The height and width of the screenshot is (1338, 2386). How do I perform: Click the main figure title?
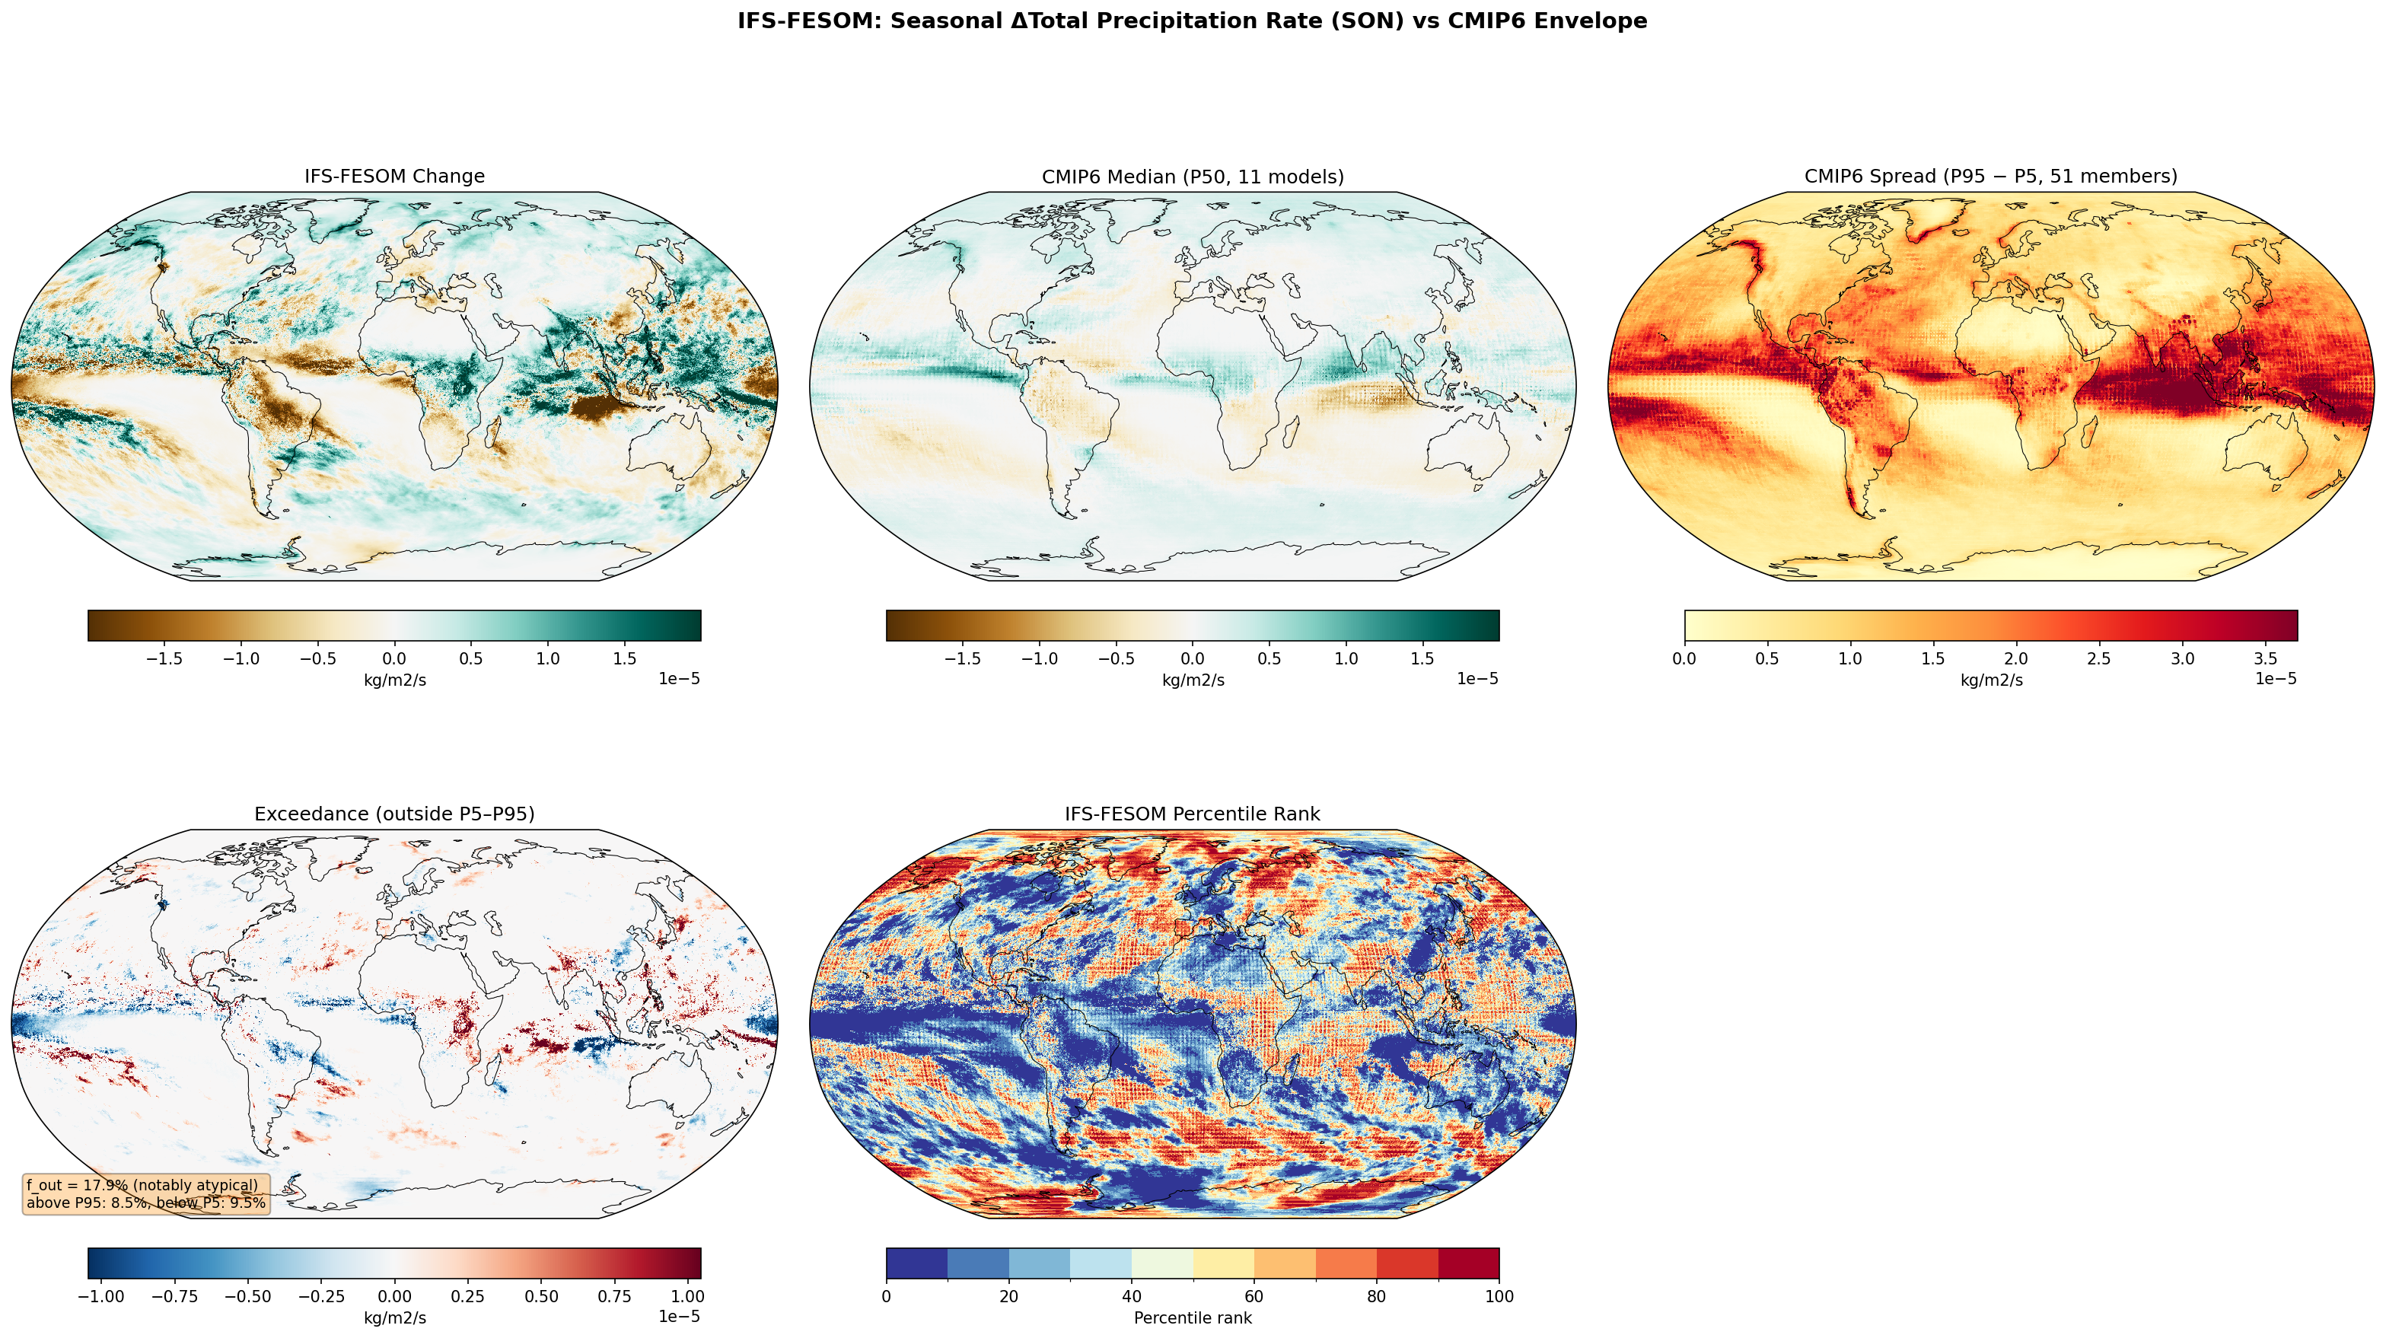(1192, 21)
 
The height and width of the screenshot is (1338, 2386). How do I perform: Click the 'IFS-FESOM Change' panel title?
(394, 176)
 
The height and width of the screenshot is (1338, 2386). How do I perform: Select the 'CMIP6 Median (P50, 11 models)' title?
(1192, 176)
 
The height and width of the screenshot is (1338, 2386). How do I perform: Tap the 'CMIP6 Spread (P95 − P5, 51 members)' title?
(1990, 176)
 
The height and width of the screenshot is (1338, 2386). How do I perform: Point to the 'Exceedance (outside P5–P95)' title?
(394, 814)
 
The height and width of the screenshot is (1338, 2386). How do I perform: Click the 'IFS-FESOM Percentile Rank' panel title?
(1192, 814)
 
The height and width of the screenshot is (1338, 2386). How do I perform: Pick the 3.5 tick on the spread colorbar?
(2266, 659)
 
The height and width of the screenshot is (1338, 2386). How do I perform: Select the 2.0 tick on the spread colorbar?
(2016, 659)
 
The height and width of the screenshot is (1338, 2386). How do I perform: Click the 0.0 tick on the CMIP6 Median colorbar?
(1192, 659)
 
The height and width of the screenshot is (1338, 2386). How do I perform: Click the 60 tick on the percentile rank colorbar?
(1254, 1296)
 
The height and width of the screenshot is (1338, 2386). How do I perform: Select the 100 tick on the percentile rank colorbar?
(1499, 1296)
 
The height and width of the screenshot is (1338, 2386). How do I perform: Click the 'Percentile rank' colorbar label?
(1192, 1317)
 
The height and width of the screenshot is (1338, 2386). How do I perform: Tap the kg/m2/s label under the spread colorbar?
(1990, 680)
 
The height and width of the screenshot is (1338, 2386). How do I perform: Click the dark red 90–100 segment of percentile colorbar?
(1468, 1262)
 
